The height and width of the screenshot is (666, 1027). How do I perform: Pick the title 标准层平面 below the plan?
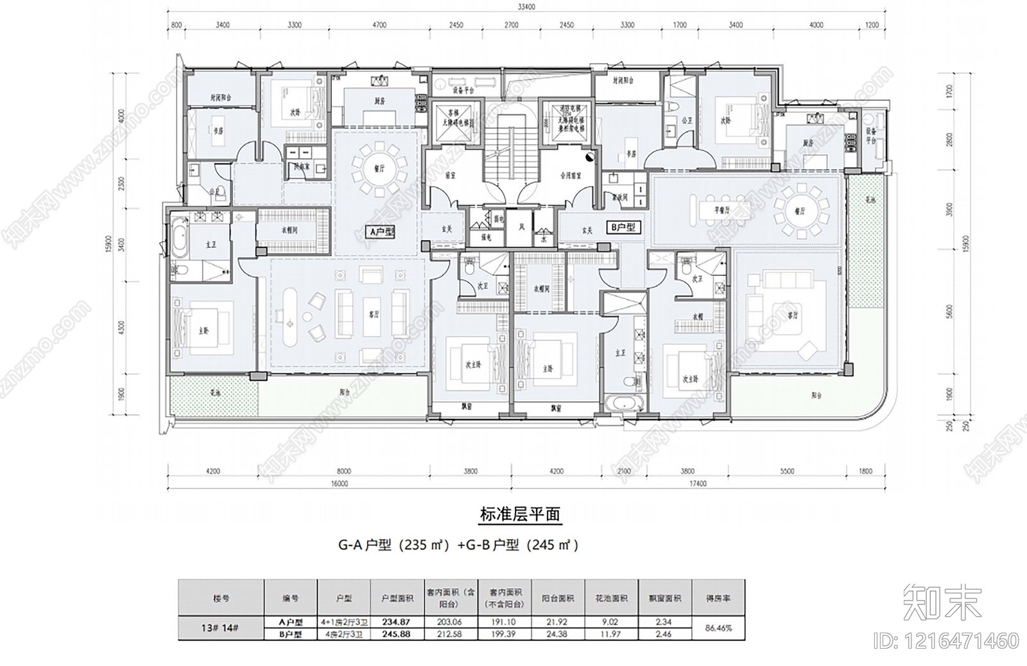pyautogui.click(x=520, y=514)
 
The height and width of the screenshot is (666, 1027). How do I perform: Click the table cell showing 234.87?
pyautogui.click(x=396, y=622)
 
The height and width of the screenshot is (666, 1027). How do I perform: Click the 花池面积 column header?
pyautogui.click(x=612, y=598)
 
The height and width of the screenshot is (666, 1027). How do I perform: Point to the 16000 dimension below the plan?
pyautogui.click(x=340, y=484)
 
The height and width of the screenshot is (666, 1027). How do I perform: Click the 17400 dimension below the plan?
pyautogui.click(x=696, y=484)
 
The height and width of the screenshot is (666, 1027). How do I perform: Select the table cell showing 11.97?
pyautogui.click(x=612, y=634)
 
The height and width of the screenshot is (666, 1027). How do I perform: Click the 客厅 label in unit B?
pyautogui.click(x=793, y=316)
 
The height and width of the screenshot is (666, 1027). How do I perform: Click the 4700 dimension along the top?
pyautogui.click(x=379, y=26)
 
